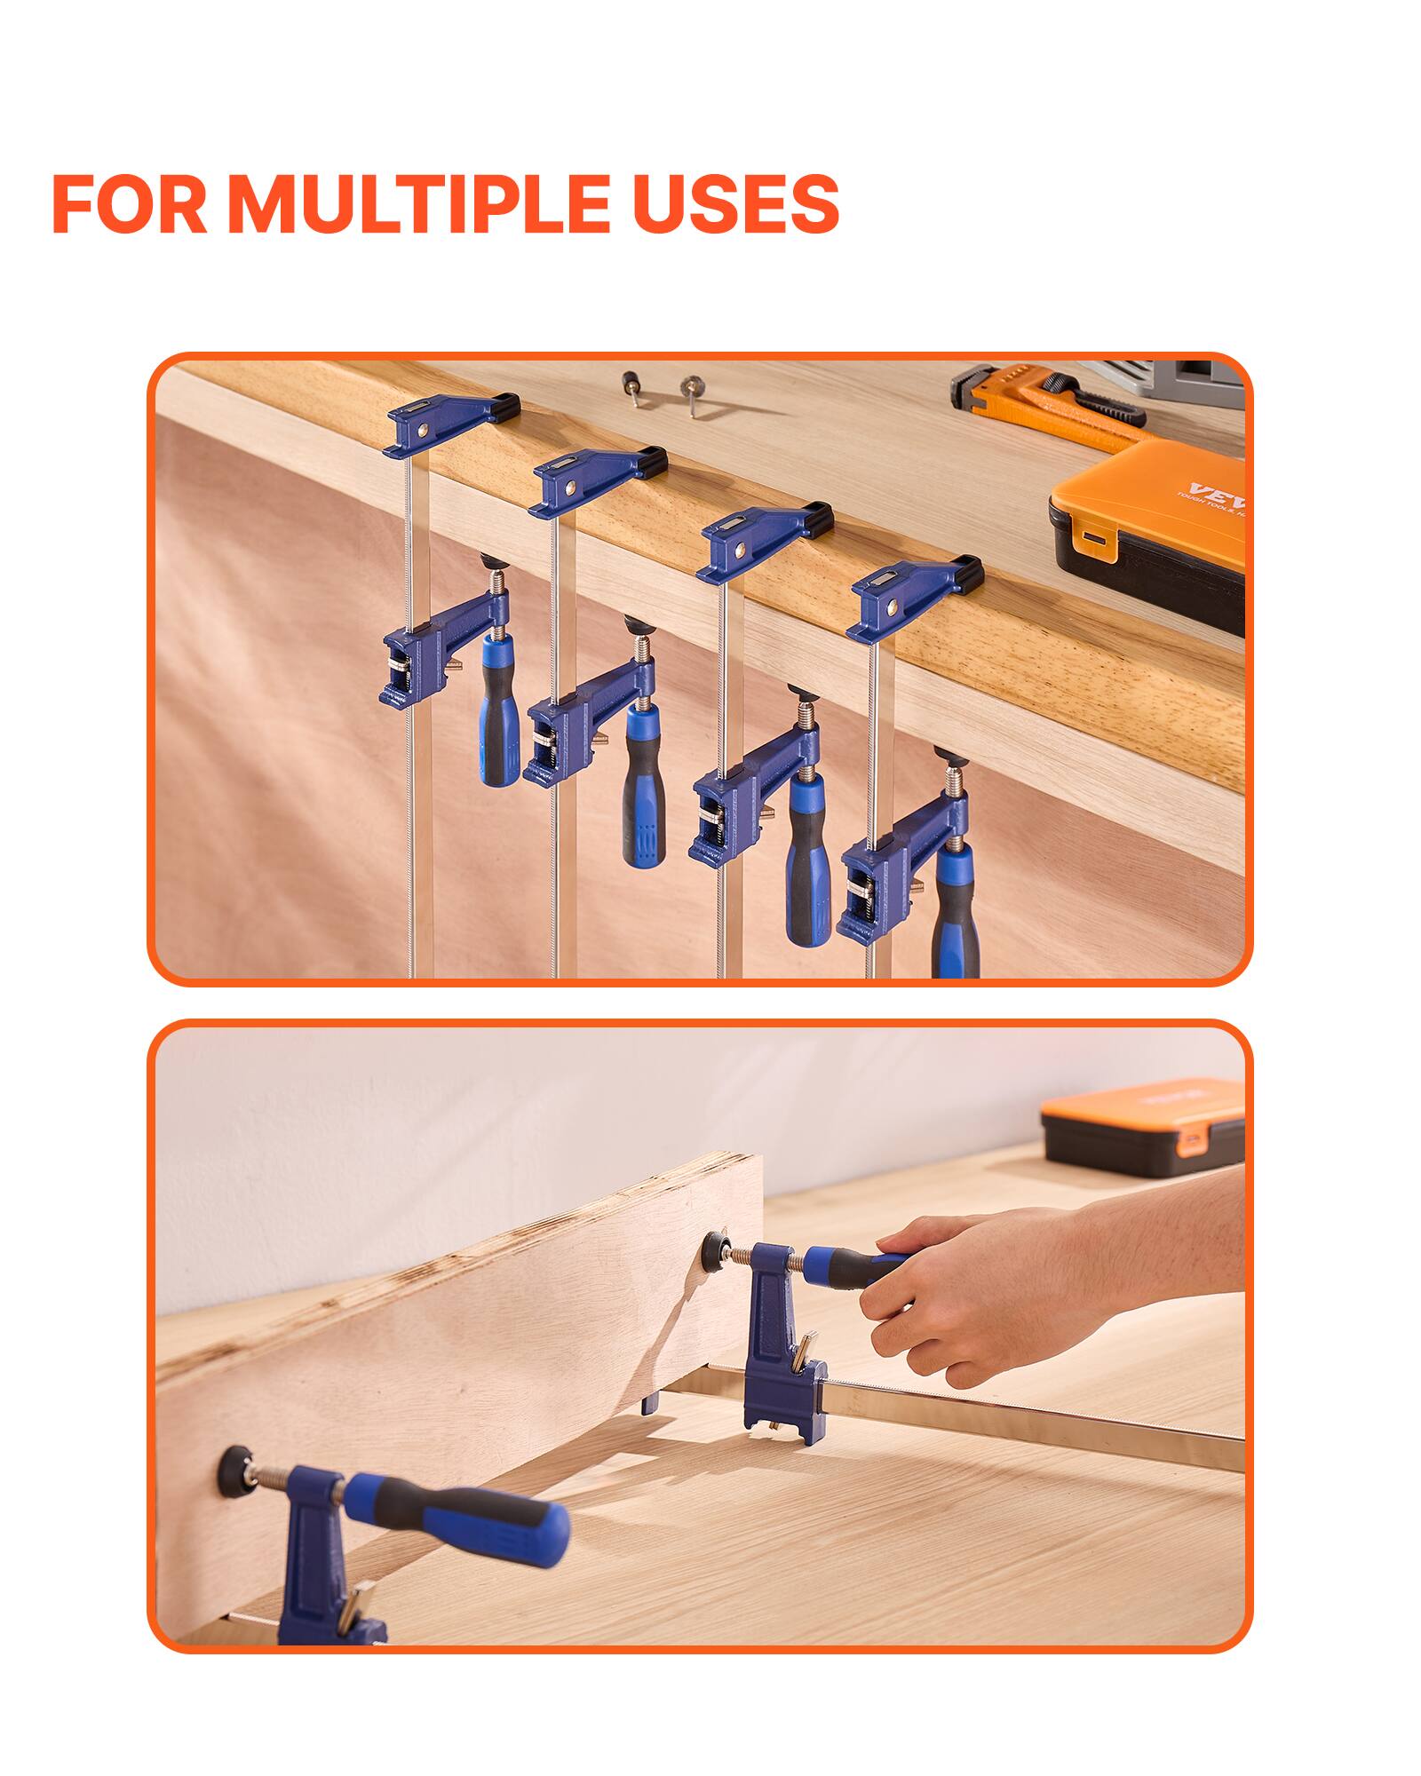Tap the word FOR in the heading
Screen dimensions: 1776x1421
tap(131, 204)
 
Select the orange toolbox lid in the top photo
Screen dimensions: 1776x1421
tap(1146, 497)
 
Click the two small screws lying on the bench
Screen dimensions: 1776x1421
tap(662, 391)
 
